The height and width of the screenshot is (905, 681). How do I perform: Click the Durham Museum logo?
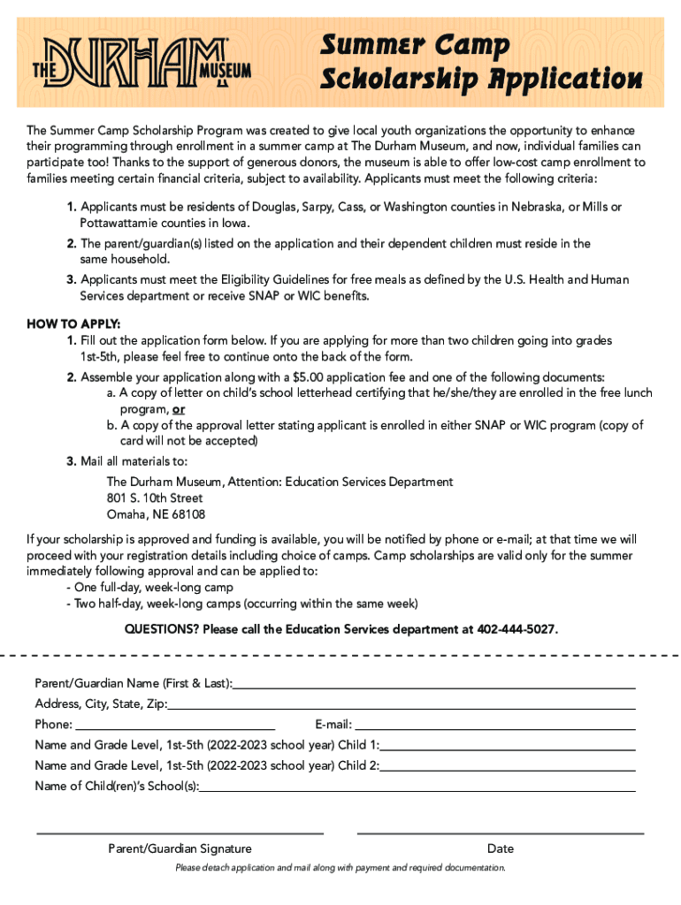point(142,63)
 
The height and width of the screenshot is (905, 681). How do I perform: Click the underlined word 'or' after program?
point(179,409)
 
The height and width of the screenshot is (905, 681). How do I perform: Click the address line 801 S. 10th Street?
point(155,498)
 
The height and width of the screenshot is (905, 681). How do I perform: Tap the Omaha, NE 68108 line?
point(156,514)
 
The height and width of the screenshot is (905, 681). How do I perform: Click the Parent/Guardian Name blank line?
point(433,683)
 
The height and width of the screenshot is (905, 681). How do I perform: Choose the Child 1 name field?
point(508,745)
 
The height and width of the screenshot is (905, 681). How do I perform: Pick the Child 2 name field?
point(508,765)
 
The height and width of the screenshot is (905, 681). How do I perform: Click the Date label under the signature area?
point(500,848)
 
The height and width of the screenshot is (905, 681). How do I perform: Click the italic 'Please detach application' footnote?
point(340,868)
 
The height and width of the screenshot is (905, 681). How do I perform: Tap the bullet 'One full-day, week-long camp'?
point(153,588)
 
